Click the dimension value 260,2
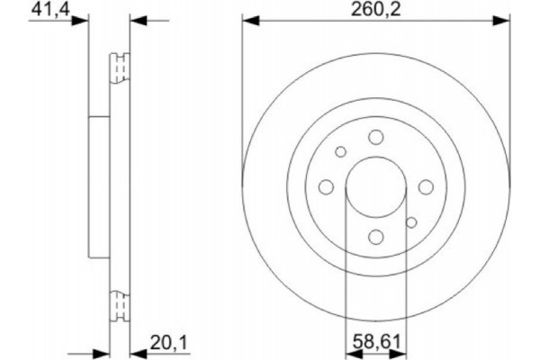pos(374,10)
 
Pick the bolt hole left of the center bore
pos(326,186)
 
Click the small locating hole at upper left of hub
pos(340,152)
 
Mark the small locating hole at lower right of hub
pos(411,221)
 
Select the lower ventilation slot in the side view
pos(119,305)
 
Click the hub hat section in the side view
pos(99,186)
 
